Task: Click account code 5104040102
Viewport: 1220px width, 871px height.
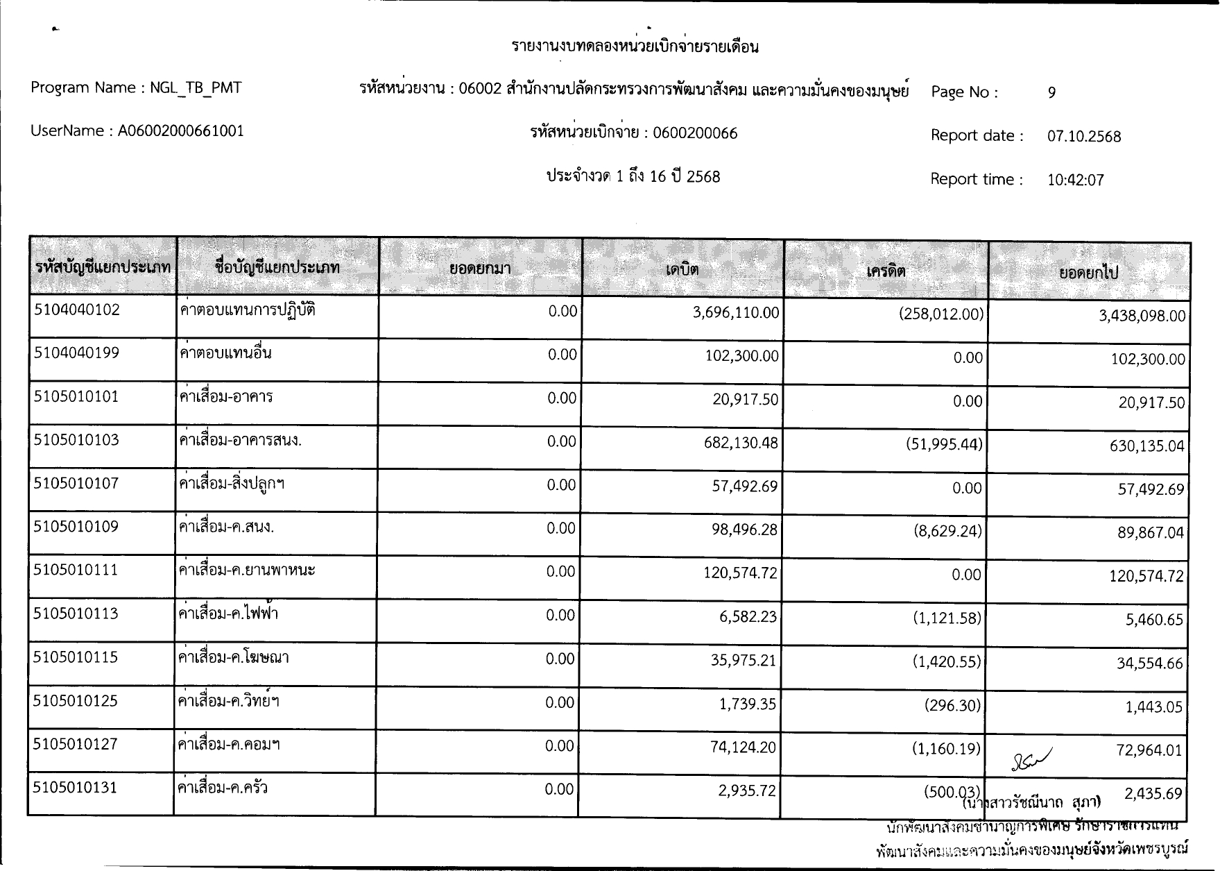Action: (77, 310)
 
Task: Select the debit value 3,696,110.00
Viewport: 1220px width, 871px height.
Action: (736, 313)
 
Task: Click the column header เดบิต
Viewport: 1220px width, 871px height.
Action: (682, 269)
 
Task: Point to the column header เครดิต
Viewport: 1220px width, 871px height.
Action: (886, 271)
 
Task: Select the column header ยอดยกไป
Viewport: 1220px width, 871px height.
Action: (1088, 273)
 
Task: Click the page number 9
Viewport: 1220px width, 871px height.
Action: (1052, 92)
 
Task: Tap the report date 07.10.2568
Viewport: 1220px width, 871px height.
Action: (1084, 136)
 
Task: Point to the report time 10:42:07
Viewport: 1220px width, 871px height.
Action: (1075, 180)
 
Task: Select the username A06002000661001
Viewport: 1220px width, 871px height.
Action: (180, 131)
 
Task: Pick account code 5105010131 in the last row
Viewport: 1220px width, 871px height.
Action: (76, 788)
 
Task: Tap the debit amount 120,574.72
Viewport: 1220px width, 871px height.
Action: (740, 574)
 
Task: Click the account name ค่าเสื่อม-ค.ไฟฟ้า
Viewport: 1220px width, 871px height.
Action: (228, 614)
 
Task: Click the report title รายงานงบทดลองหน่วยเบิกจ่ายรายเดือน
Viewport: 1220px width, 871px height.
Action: (635, 46)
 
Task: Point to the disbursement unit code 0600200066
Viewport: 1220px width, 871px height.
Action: (695, 133)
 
